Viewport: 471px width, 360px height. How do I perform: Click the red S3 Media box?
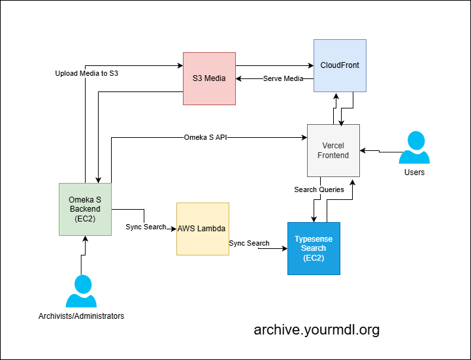(x=209, y=78)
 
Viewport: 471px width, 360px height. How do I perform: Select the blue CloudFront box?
(x=340, y=65)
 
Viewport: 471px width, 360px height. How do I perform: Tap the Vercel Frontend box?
(x=333, y=150)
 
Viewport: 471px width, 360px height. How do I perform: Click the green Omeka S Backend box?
(x=84, y=209)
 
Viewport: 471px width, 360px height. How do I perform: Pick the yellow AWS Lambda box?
(x=203, y=229)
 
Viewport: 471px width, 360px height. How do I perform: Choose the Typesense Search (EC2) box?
(x=314, y=248)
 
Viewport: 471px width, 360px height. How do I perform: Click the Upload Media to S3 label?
(x=86, y=74)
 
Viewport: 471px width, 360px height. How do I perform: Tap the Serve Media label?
(x=283, y=79)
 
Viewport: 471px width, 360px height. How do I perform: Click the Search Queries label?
(x=319, y=190)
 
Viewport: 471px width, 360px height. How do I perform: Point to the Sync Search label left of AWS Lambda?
(x=146, y=227)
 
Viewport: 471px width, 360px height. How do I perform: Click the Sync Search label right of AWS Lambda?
(x=249, y=243)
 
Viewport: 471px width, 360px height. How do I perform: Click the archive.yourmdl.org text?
(x=316, y=329)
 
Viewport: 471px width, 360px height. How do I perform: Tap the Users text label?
(x=414, y=172)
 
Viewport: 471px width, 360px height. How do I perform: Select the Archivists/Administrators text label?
(x=81, y=316)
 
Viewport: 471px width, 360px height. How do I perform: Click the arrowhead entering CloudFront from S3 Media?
(x=310, y=65)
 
